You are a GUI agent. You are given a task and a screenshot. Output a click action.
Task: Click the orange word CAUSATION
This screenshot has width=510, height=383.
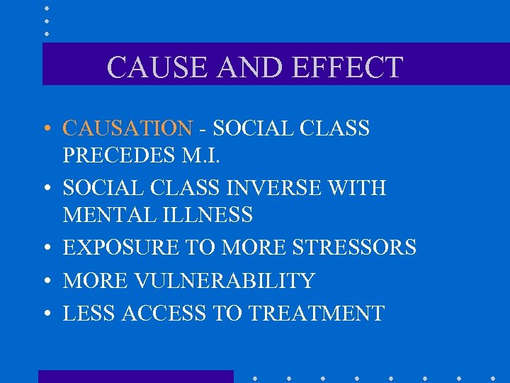click(x=127, y=128)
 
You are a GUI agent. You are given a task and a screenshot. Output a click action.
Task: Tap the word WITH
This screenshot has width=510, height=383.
click(x=360, y=188)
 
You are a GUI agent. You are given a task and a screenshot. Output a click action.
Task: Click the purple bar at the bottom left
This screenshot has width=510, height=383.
click(x=135, y=377)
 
